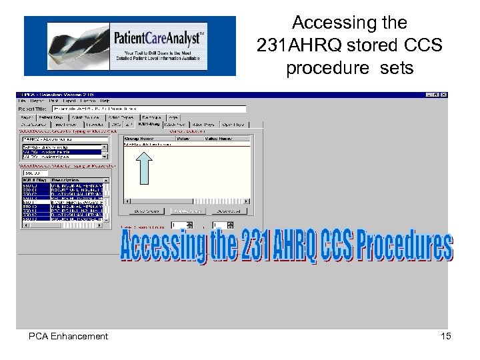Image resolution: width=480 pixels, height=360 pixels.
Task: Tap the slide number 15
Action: click(445, 336)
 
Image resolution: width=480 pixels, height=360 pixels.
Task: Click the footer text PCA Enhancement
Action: click(68, 337)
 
